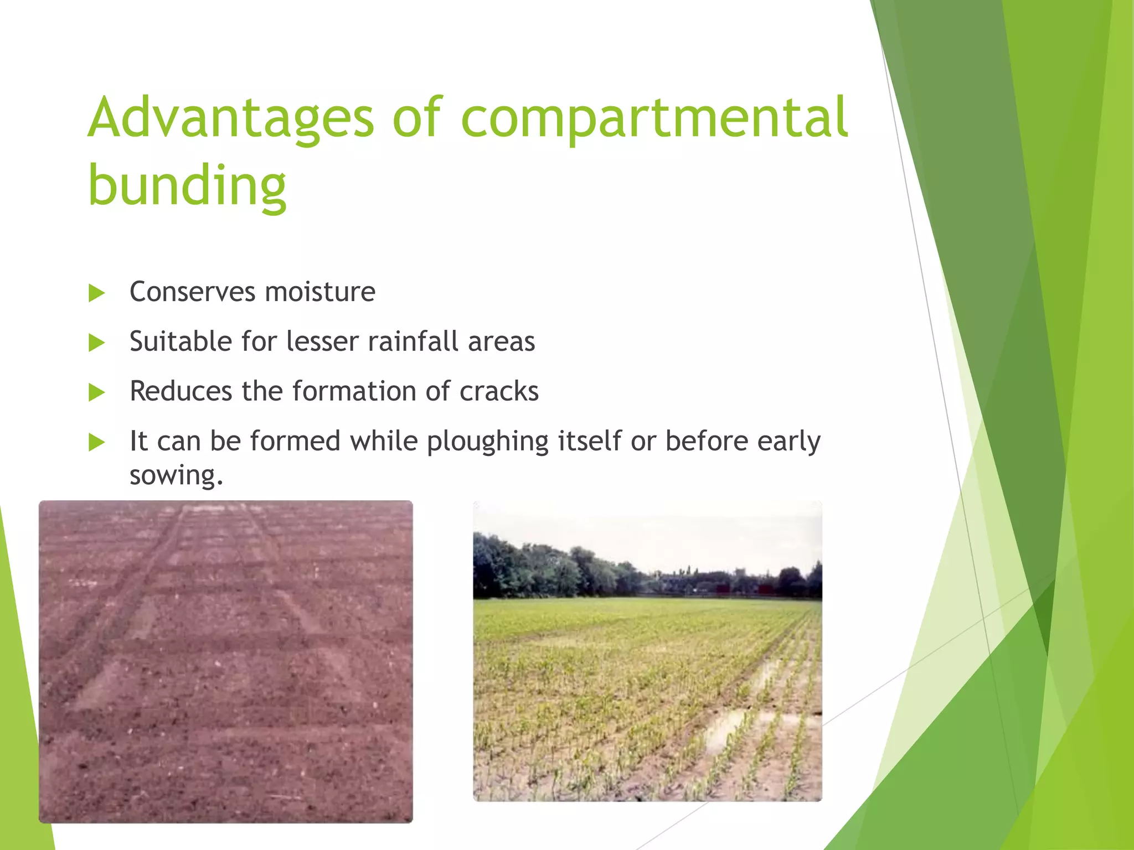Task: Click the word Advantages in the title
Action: click(231, 119)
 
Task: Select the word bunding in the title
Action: click(187, 185)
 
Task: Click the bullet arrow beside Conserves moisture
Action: click(97, 293)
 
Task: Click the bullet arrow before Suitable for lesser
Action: click(97, 343)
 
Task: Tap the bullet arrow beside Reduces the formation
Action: click(97, 393)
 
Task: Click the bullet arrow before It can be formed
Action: click(97, 443)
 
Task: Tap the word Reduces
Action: click(181, 391)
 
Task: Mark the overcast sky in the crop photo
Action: click(648, 531)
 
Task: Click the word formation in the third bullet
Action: click(354, 391)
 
